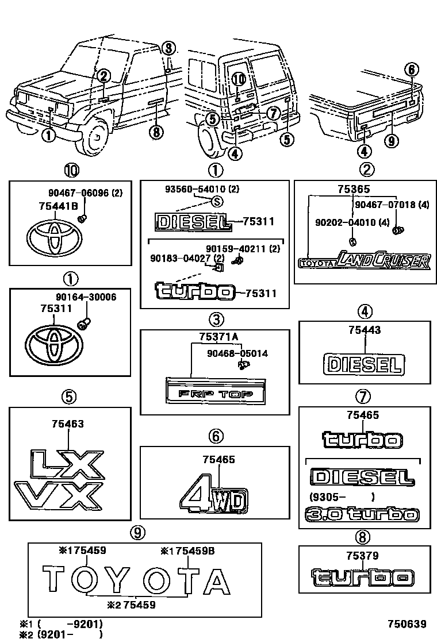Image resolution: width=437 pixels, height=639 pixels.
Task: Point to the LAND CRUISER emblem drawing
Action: pyautogui.click(x=364, y=261)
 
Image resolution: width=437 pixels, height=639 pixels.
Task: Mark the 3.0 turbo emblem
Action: pyautogui.click(x=362, y=514)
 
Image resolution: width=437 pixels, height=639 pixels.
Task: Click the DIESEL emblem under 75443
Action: pyautogui.click(x=363, y=364)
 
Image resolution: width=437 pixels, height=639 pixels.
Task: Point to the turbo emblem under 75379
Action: pyautogui.click(x=362, y=577)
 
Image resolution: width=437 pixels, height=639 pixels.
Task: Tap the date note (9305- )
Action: pyautogui.click(x=342, y=497)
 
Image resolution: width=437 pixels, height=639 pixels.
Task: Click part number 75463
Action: pyautogui.click(x=67, y=424)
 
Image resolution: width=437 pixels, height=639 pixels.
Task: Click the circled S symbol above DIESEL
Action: pyautogui.click(x=217, y=201)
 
